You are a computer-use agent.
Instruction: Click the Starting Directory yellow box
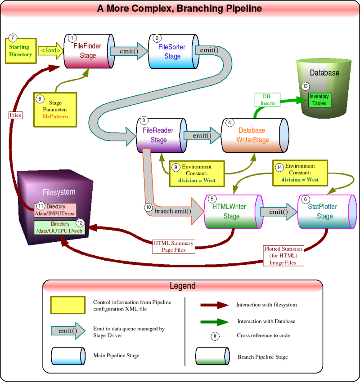coord(20,51)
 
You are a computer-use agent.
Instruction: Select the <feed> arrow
coord(50,51)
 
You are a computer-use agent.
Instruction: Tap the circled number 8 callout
coord(40,98)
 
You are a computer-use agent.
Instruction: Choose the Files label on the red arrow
coord(15,115)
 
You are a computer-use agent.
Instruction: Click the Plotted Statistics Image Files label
coord(283,255)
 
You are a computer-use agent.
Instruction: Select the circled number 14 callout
coord(279,167)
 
